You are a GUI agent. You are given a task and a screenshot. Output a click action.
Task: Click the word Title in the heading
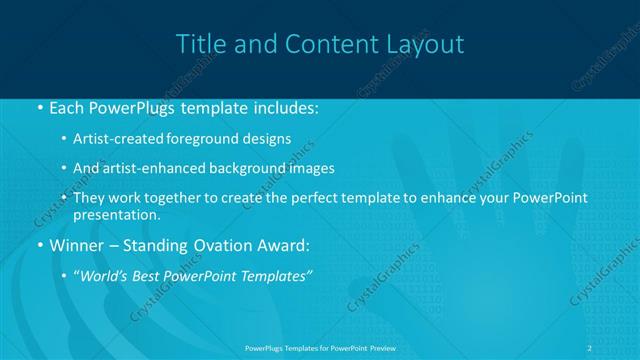coord(199,44)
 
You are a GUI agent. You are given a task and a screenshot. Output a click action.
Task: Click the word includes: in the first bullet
coord(283,107)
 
